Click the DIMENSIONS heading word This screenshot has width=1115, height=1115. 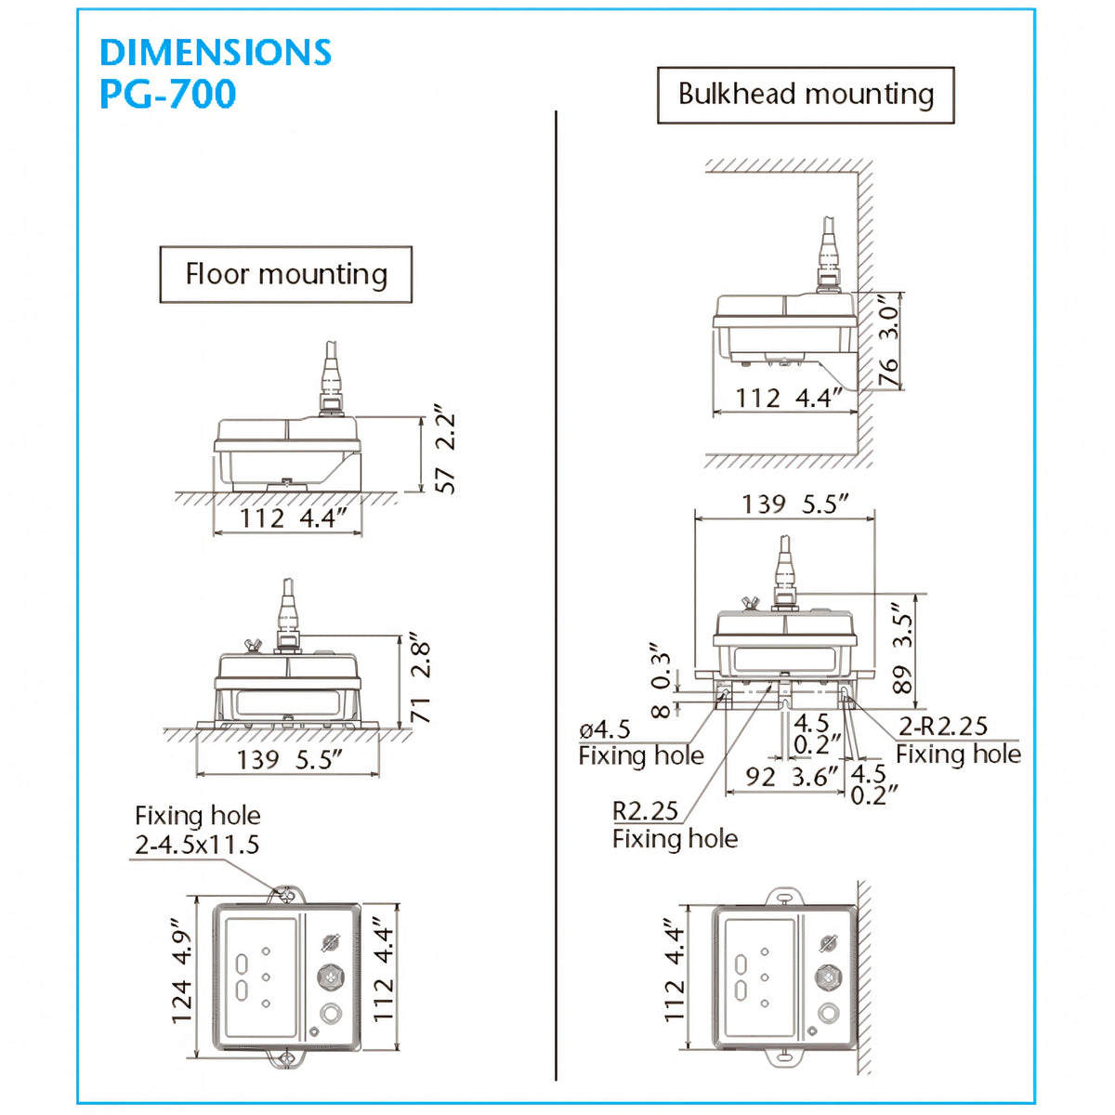pos(216,52)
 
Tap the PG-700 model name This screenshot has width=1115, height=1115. pos(168,94)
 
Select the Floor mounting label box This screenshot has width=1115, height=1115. pos(286,274)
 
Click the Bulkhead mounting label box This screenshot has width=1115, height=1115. pos(806,95)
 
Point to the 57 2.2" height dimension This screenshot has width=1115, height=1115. pos(444,453)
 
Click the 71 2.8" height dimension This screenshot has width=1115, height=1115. pos(421,682)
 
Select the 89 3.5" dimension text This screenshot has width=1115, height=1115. pos(902,648)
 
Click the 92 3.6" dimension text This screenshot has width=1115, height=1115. pos(791,777)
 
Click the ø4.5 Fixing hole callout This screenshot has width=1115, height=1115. pos(640,743)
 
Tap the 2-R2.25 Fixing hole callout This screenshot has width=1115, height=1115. pos(958,740)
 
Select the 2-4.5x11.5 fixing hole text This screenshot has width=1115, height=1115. pos(197,845)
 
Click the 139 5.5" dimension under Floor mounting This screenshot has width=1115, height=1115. pos(290,759)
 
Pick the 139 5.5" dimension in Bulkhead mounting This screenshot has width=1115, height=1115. pos(795,504)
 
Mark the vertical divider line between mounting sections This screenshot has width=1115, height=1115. pos(556,596)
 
